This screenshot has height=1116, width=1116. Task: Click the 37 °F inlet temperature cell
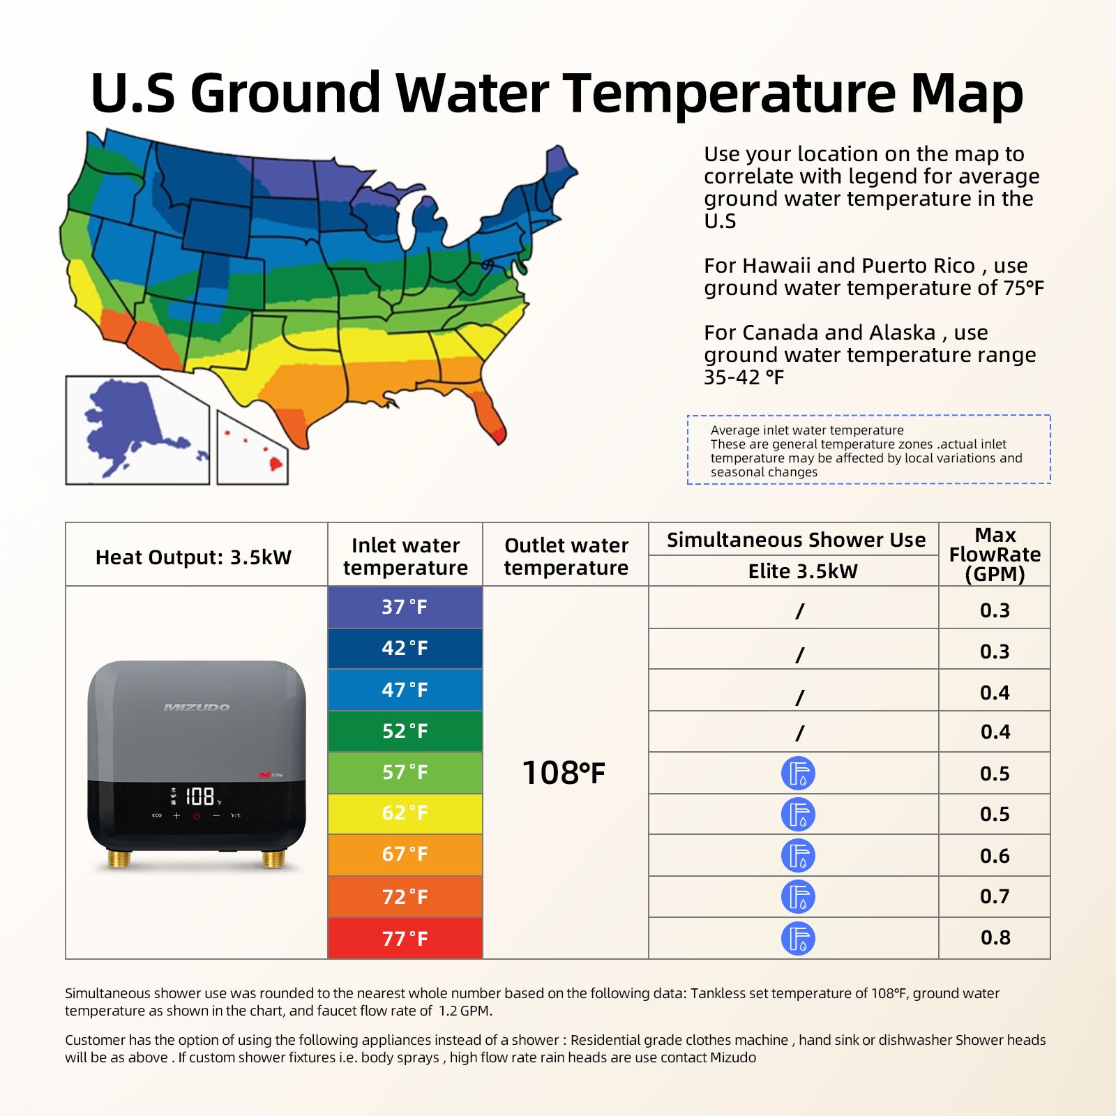[405, 607]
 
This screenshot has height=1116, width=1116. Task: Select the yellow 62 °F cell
[405, 813]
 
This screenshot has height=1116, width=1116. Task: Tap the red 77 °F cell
[405, 938]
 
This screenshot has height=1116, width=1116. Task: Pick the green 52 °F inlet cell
[405, 731]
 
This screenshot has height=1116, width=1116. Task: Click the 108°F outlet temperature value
[564, 773]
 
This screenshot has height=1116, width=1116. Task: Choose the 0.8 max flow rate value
[995, 937]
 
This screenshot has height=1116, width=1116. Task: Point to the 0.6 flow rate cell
[995, 856]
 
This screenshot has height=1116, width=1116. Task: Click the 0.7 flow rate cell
[995, 896]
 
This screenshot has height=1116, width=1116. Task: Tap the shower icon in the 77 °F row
[798, 938]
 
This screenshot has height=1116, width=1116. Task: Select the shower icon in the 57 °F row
[798, 773]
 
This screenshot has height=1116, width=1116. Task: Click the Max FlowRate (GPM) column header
[995, 555]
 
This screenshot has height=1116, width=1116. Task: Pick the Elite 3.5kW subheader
[802, 571]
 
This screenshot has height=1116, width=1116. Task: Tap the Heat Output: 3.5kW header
[193, 557]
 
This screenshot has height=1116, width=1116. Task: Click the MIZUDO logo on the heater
[197, 707]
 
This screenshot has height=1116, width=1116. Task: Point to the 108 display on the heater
[199, 796]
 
